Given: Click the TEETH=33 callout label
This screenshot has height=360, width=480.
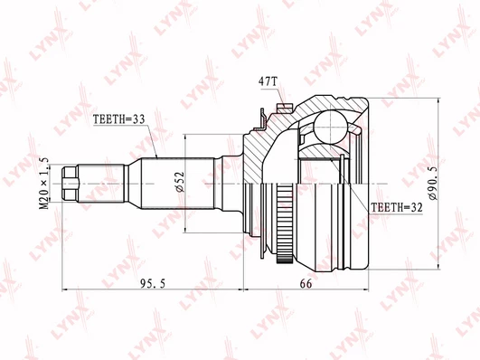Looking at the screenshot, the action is pyautogui.click(x=118, y=119).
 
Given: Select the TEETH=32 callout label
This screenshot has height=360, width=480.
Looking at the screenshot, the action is pyautogui.click(x=397, y=207).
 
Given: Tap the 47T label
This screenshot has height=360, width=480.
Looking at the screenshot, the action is pyautogui.click(x=268, y=81).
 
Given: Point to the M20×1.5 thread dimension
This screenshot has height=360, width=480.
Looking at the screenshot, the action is pyautogui.click(x=44, y=184).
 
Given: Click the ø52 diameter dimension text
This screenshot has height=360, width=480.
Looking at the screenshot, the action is pyautogui.click(x=180, y=182).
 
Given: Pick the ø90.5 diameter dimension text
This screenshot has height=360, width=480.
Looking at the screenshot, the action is pyautogui.click(x=434, y=184).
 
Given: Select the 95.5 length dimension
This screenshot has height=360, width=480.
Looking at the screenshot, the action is pyautogui.click(x=153, y=284).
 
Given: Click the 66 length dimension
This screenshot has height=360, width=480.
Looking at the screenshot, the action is pyautogui.click(x=306, y=284).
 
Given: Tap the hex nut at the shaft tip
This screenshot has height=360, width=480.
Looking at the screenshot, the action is pyautogui.click(x=71, y=184).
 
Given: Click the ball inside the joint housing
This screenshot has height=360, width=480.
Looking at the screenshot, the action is pyautogui.click(x=331, y=128).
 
